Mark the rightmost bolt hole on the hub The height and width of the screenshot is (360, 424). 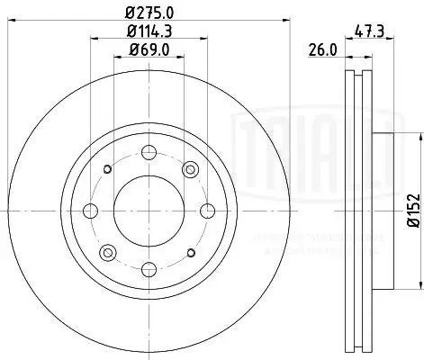207,211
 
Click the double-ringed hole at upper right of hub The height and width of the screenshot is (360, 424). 190,169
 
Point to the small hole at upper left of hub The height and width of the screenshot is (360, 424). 107,169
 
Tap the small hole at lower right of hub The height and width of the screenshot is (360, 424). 189,252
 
